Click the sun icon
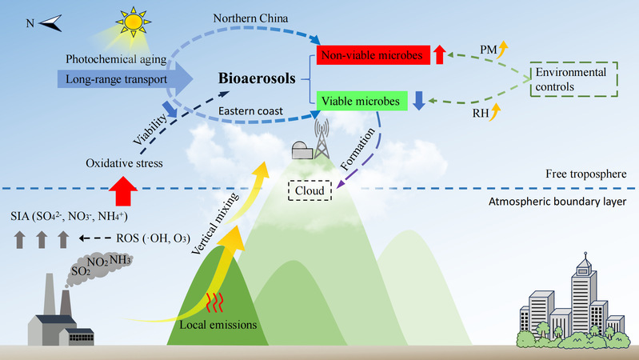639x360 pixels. (134, 22)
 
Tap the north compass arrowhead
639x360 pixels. (50, 23)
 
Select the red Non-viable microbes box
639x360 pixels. (373, 55)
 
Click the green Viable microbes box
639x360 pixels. (361, 101)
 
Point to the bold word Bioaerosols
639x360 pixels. (257, 78)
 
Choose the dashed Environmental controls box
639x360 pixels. (573, 79)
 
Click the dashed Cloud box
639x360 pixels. (310, 190)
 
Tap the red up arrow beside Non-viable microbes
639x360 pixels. (439, 54)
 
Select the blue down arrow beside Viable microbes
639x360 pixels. (419, 101)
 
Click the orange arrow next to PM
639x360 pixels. (503, 50)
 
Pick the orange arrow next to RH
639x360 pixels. (495, 112)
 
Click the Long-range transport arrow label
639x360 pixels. (117, 79)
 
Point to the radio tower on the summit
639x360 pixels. (321, 138)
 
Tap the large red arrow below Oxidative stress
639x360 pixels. (123, 191)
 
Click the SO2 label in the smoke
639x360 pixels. (81, 270)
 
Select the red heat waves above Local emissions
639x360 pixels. (214, 302)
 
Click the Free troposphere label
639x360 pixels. (586, 174)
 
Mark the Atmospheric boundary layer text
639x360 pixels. (557, 202)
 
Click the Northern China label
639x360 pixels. (250, 18)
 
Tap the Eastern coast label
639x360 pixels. (250, 111)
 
